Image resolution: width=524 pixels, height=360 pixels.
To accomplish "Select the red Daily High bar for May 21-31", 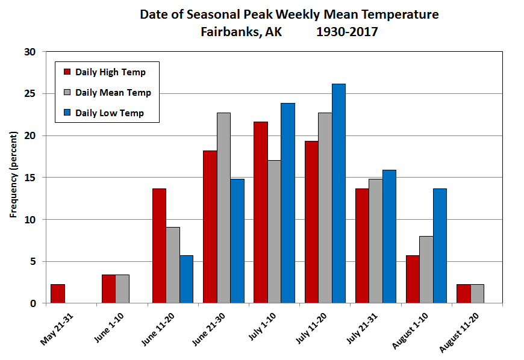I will point(58,294).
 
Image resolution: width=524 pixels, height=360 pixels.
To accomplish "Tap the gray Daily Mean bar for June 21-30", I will point(223,208).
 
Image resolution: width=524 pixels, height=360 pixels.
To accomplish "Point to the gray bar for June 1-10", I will point(122,289).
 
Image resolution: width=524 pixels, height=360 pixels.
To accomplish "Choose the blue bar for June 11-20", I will point(186,279).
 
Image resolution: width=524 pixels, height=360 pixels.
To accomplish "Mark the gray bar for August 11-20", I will point(477,294).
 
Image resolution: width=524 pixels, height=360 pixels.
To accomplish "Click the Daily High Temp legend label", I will point(110,72).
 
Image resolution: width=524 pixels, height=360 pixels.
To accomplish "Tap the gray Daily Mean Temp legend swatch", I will point(67,93).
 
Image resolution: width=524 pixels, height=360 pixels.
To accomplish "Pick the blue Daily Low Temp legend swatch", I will point(67,113).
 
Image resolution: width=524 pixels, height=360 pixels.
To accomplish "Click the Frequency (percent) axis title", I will point(13,178).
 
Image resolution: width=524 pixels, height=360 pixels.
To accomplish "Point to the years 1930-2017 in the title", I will point(347,32).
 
